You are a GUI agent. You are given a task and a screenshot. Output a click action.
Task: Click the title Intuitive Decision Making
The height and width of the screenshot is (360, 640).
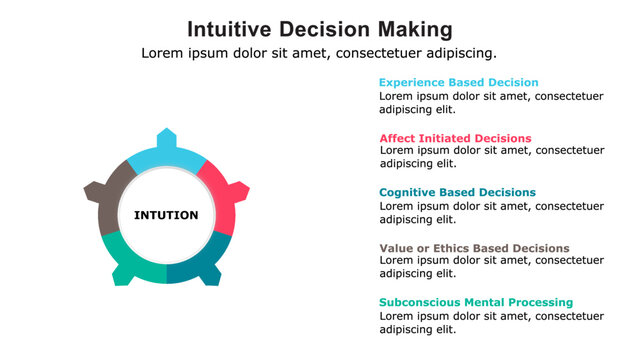coord(319,28)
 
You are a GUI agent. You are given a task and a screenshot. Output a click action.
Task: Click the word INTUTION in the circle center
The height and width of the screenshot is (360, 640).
coord(166,215)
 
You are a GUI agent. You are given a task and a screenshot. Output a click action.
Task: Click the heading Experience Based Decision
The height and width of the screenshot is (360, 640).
coord(458,83)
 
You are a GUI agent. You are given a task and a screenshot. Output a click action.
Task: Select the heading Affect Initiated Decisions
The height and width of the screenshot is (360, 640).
coord(455,138)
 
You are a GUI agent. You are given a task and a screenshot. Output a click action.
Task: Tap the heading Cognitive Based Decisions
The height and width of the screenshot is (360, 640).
coord(457,192)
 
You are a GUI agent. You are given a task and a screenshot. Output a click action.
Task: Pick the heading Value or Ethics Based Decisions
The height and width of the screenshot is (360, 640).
coord(474,248)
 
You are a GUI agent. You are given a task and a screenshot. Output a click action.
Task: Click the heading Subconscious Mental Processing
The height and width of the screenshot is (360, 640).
coord(476,302)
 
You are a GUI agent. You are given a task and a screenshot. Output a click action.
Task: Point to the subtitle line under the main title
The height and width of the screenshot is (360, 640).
coord(319,53)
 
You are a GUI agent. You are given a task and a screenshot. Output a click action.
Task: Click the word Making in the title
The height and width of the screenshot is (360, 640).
coord(412,28)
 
